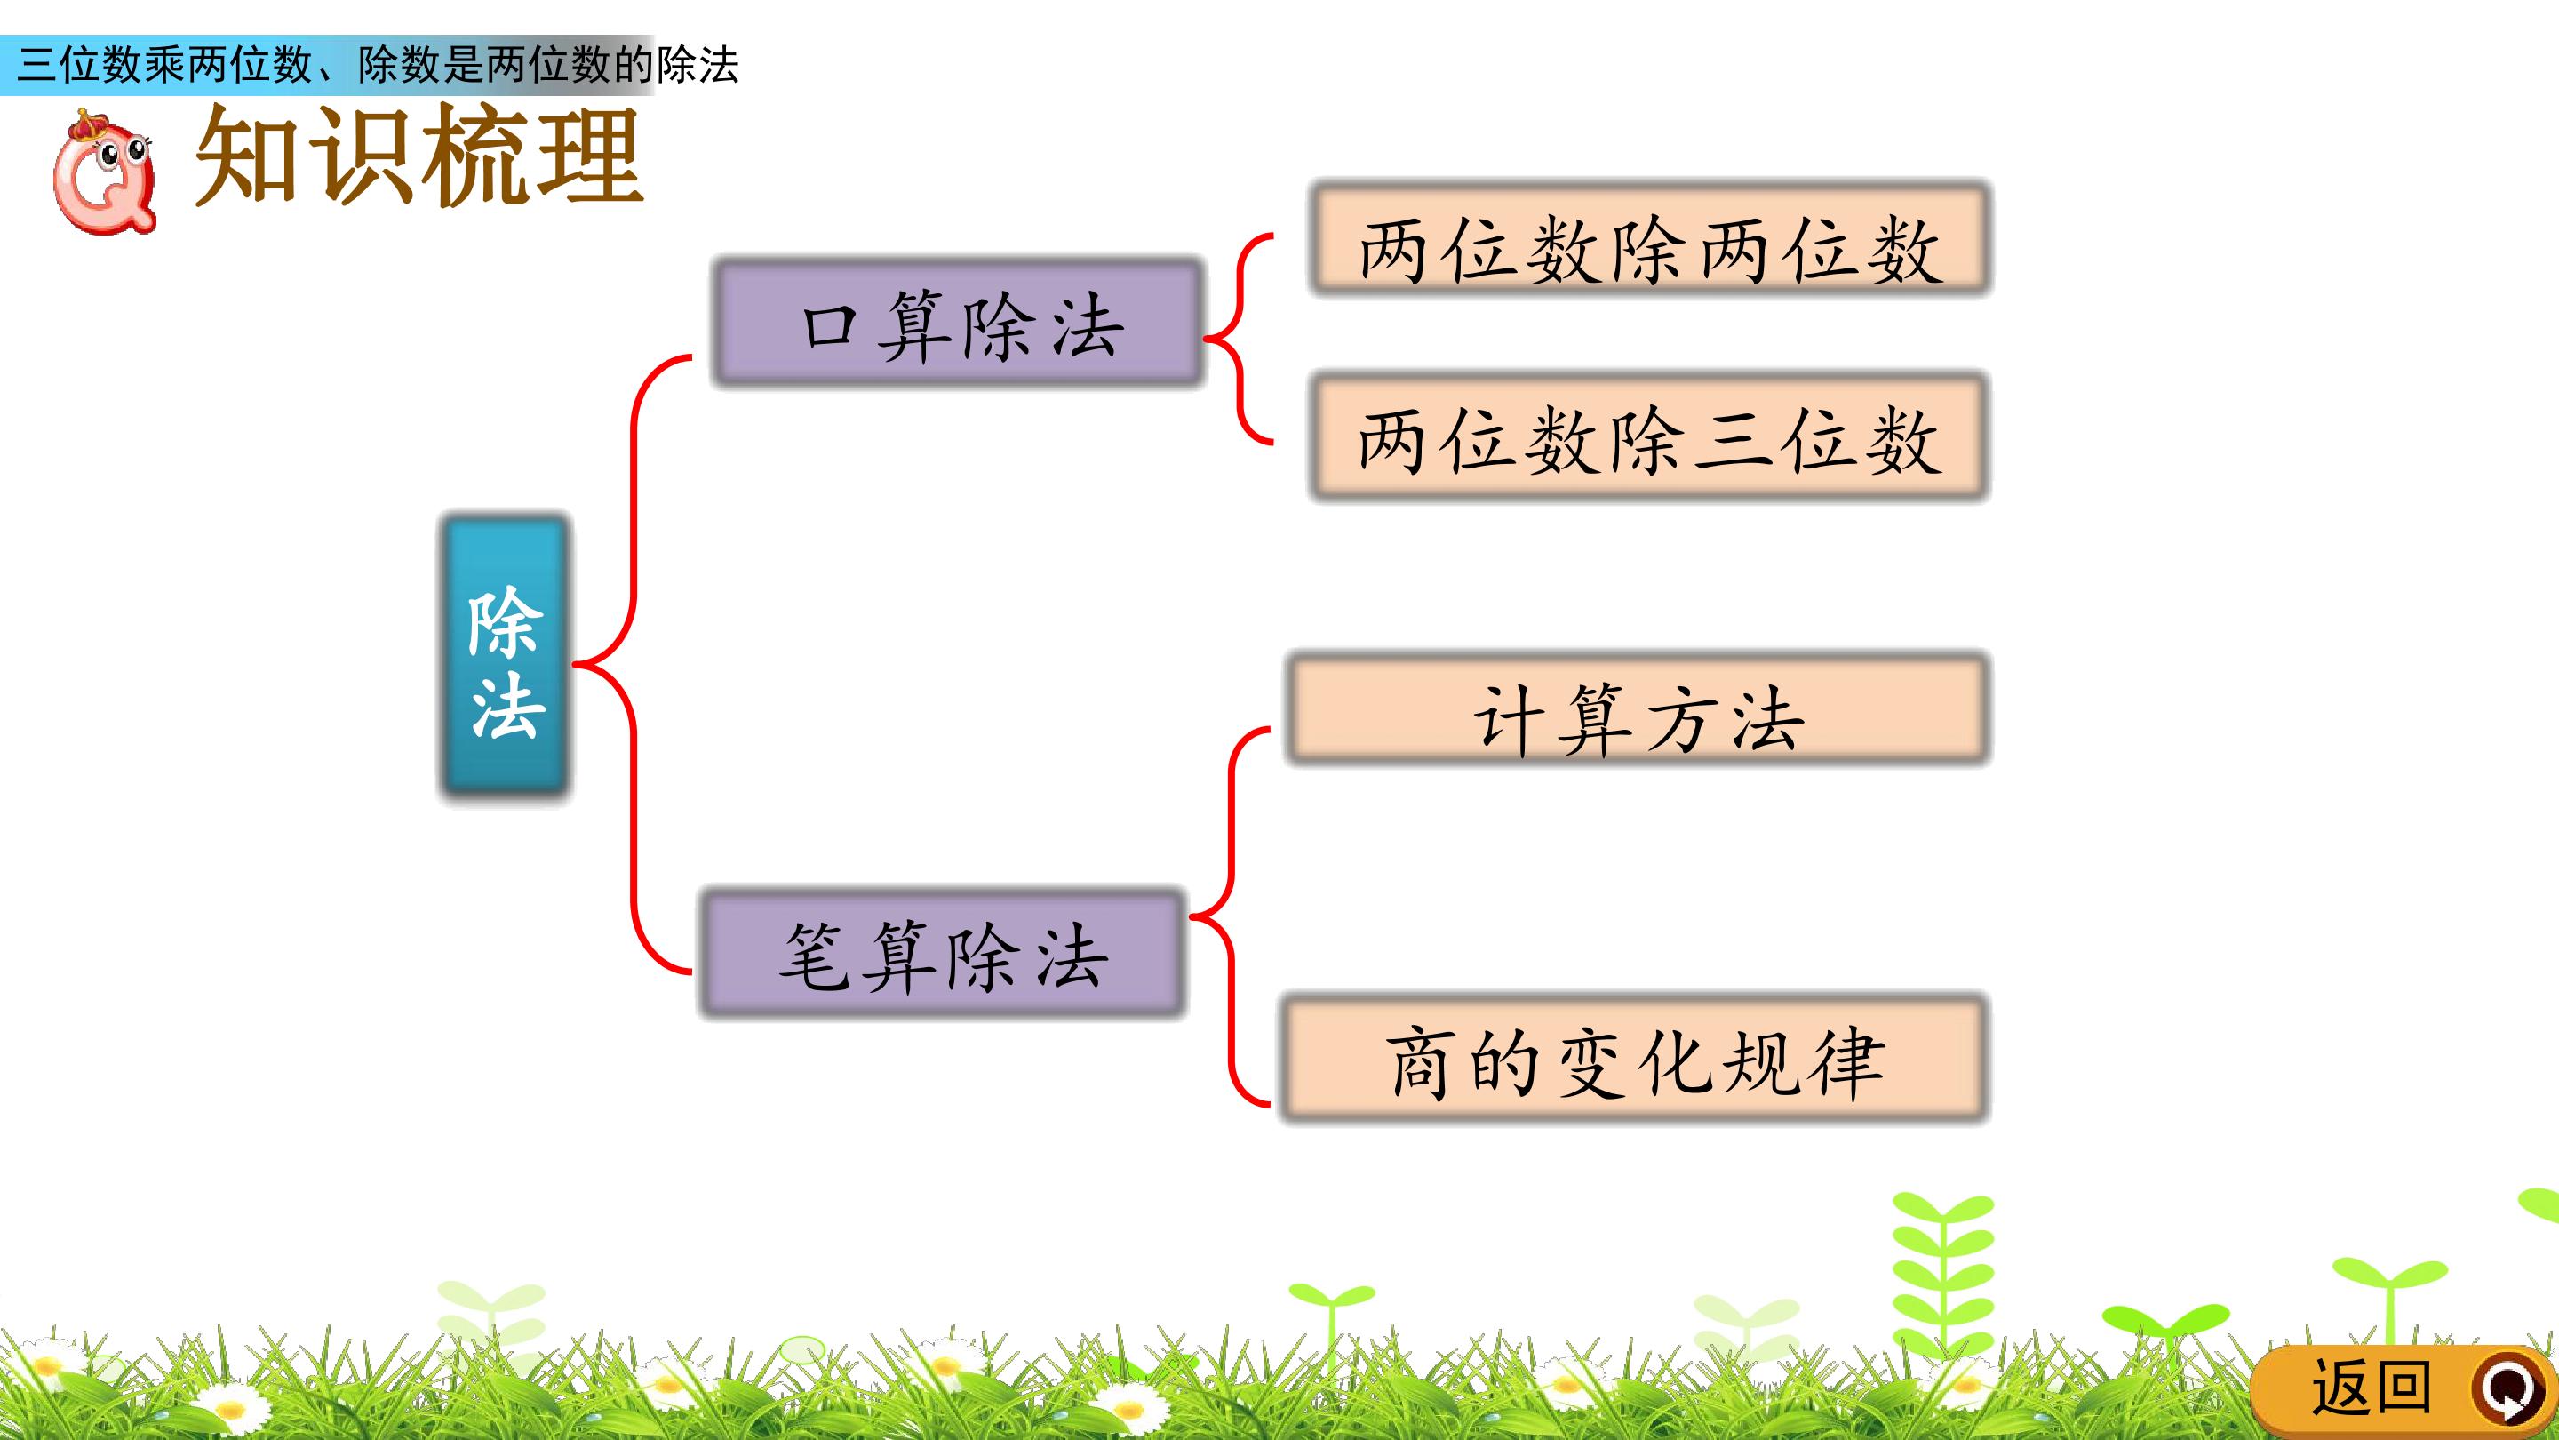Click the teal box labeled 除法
pos(505,657)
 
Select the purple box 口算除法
pos(959,322)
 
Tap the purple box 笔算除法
pos(943,953)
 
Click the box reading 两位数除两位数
pos(1650,238)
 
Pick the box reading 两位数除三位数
pos(1649,436)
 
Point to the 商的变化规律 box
pos(1634,1059)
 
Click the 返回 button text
pos(2372,1388)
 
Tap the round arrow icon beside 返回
pos(2511,1388)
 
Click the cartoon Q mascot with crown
pos(103,171)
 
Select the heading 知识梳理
pos(419,157)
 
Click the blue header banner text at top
pos(378,66)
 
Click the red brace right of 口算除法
pos(1239,338)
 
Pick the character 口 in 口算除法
pos(831,326)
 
